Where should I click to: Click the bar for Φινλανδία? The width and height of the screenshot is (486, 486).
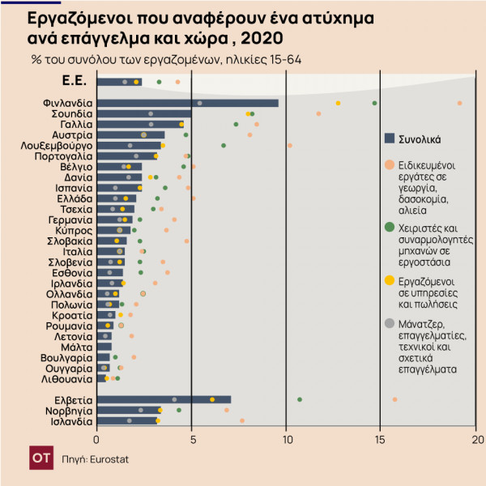point(187,103)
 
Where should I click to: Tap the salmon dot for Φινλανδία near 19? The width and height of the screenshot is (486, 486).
point(459,103)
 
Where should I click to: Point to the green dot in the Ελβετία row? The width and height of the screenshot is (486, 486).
point(300,399)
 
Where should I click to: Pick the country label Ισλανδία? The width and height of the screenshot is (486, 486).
point(69,420)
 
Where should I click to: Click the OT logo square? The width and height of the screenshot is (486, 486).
point(41,458)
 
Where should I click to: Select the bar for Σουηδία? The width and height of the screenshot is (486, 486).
point(144,113)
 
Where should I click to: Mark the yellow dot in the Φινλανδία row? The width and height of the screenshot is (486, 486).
point(338,103)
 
